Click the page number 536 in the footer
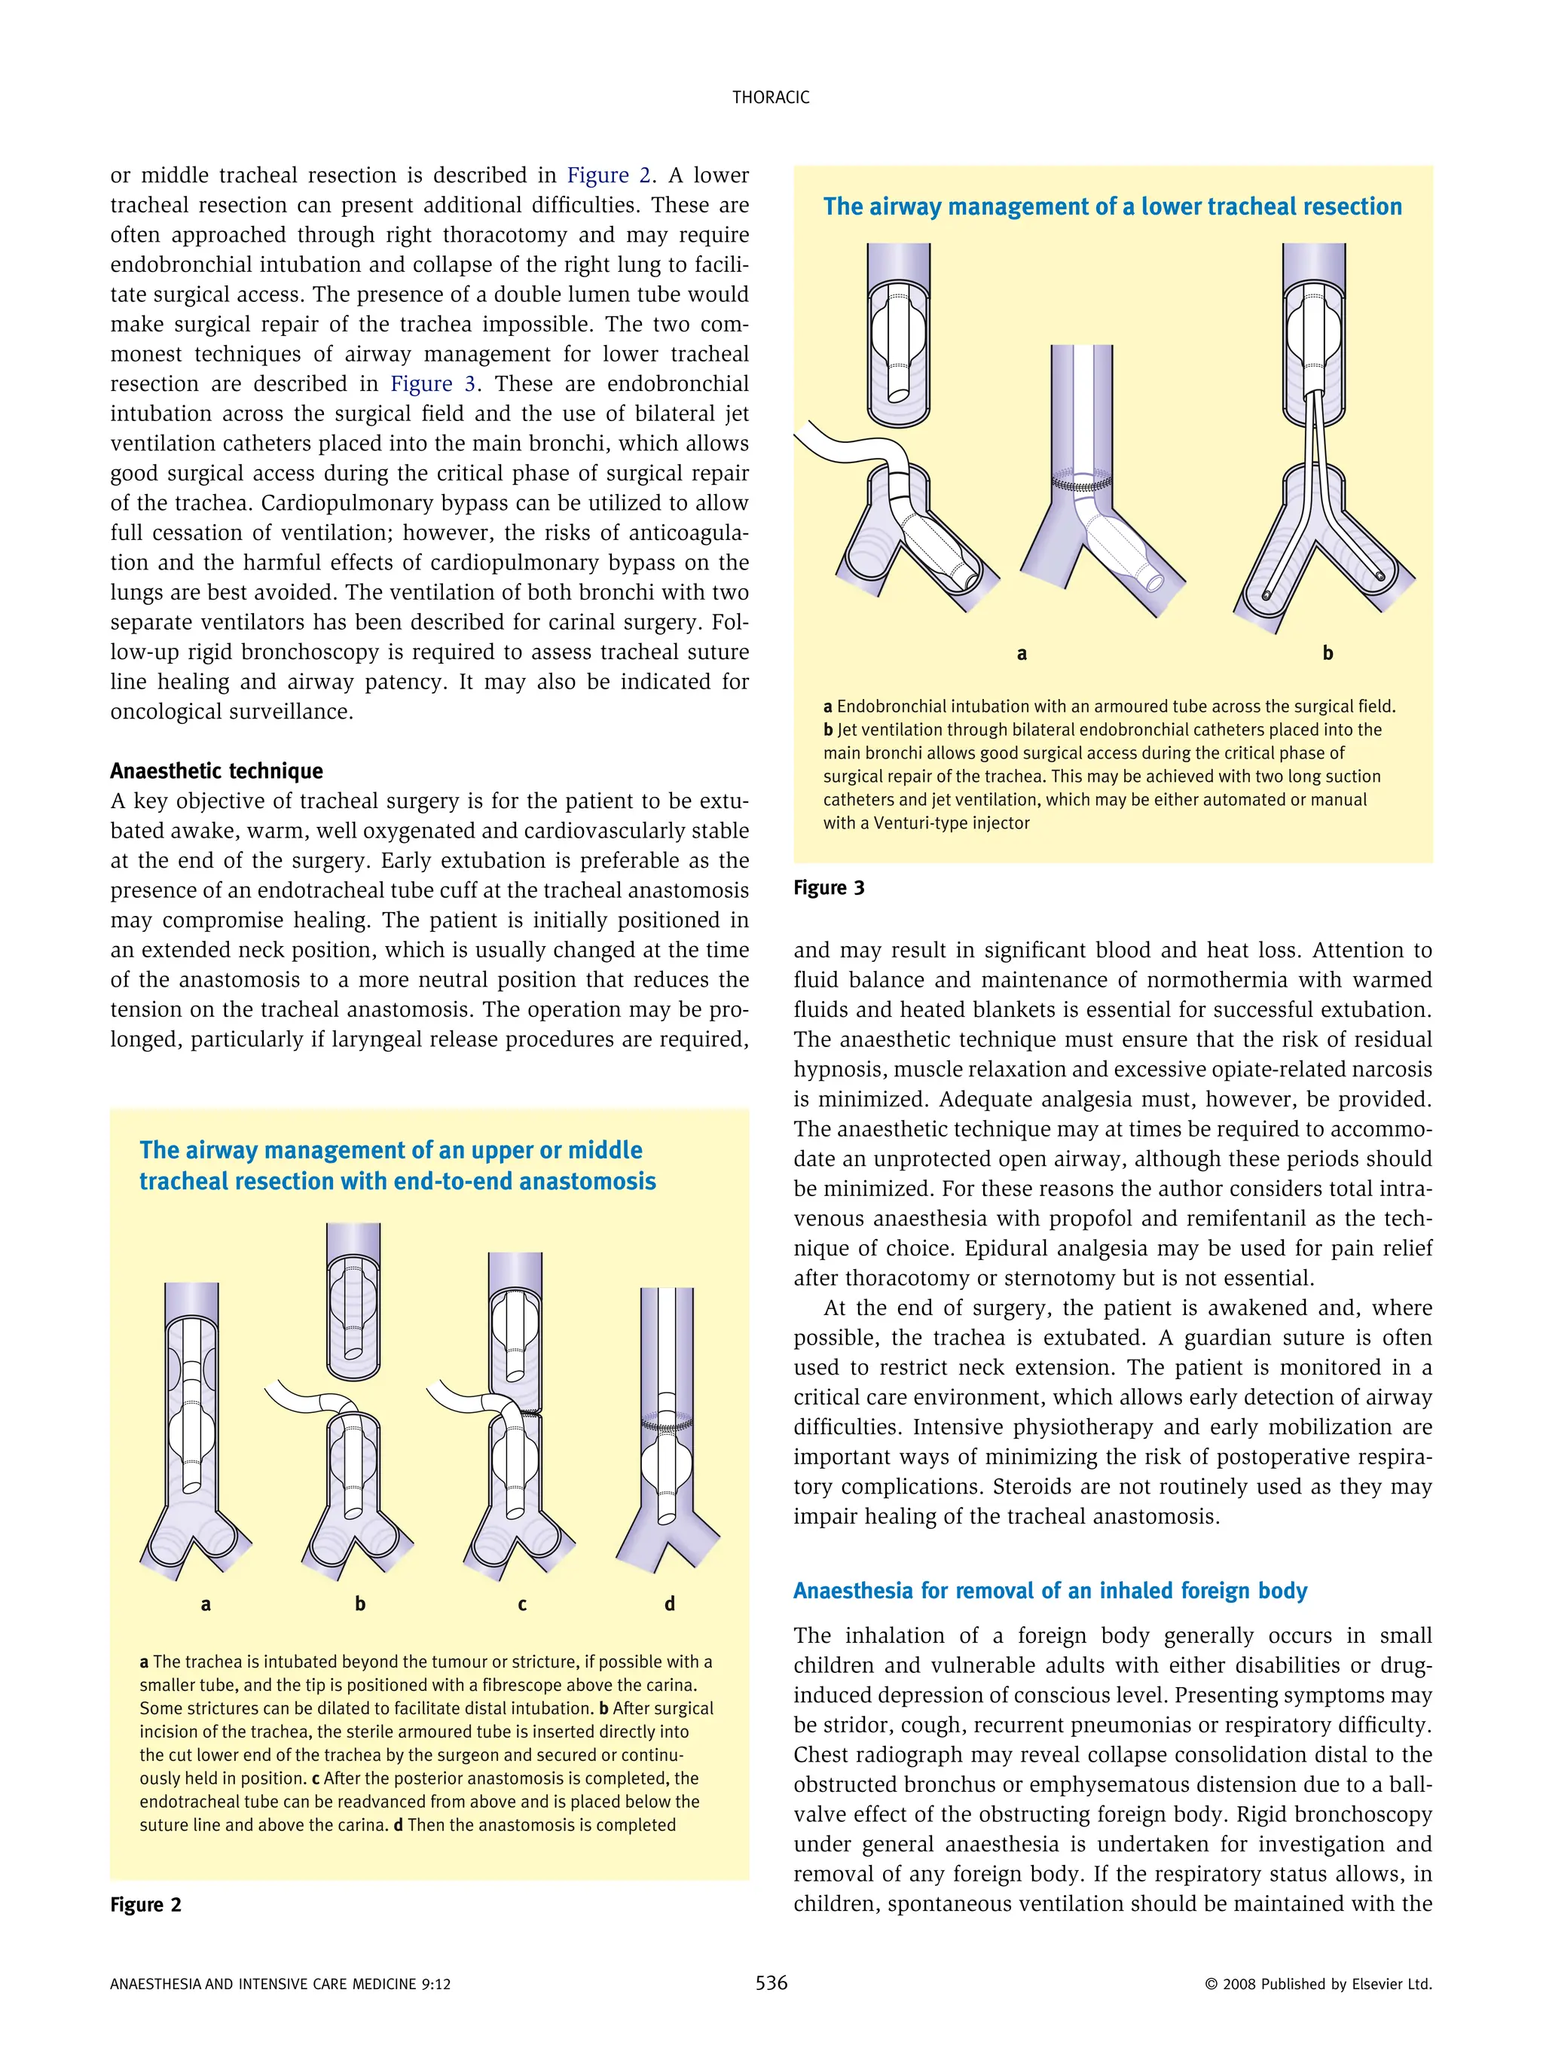[x=771, y=1982]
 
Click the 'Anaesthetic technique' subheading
[x=217, y=771]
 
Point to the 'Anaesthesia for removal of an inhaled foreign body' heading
[x=1050, y=1590]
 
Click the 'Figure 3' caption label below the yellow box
[x=829, y=888]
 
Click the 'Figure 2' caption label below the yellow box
[x=146, y=1905]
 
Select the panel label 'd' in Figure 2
[x=670, y=1604]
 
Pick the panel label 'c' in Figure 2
[x=522, y=1604]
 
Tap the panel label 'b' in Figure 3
[x=1328, y=654]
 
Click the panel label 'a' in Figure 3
[x=1021, y=654]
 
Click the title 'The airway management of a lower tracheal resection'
[x=1112, y=206]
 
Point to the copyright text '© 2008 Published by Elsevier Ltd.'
[x=1318, y=1983]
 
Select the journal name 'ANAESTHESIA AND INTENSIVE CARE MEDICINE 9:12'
[x=280, y=1983]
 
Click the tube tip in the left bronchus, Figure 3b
[x=1266, y=594]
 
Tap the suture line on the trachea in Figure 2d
[x=668, y=1424]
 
